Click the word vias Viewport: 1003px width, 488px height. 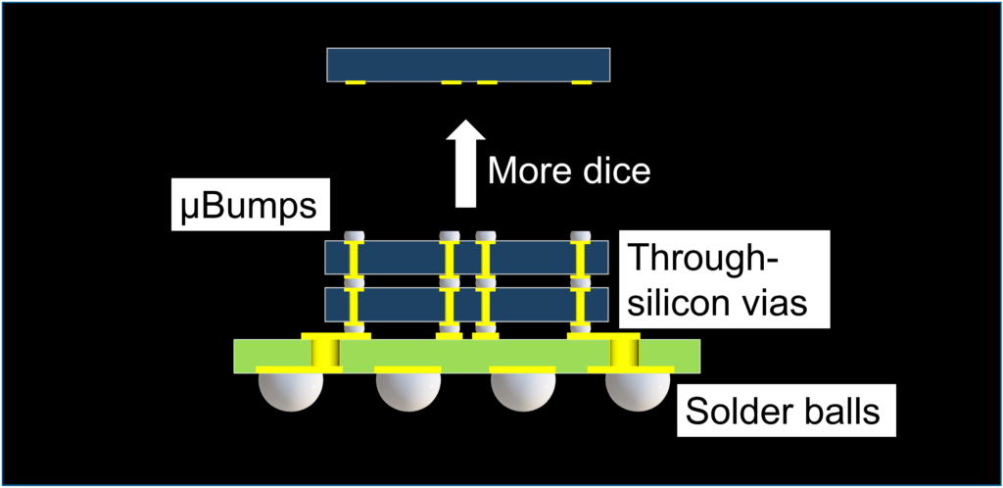coord(780,301)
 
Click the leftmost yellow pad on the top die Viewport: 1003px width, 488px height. coord(355,82)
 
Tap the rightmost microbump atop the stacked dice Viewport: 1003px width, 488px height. coord(581,235)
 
